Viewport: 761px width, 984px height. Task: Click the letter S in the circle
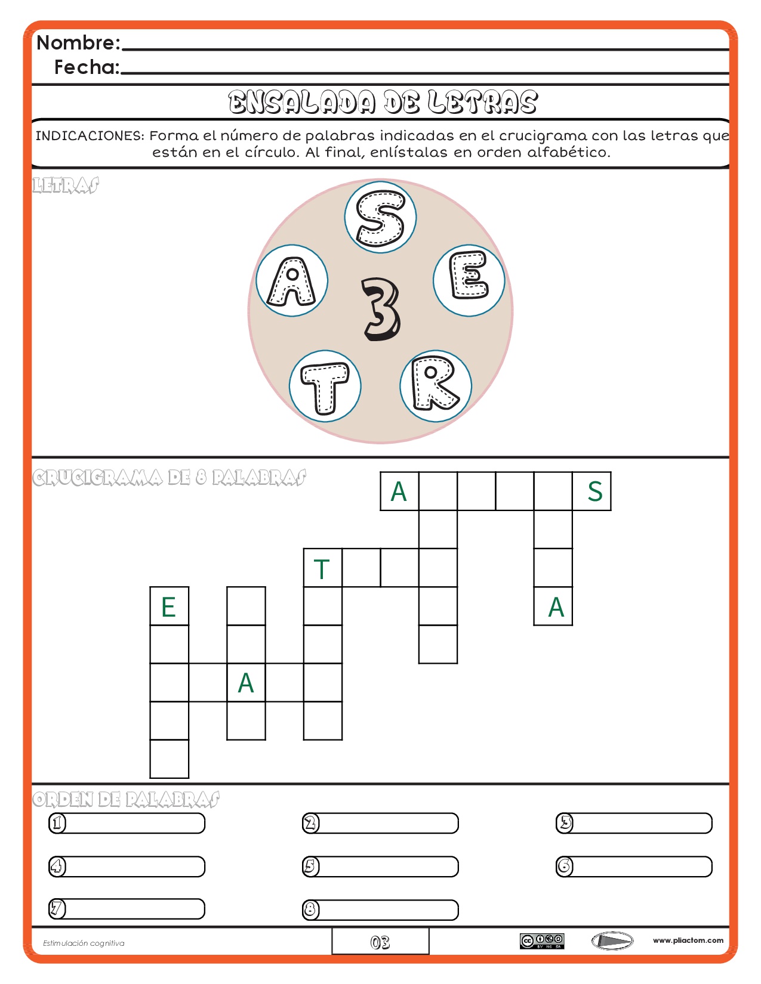(x=380, y=218)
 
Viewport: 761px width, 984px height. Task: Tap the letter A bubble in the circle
(x=292, y=281)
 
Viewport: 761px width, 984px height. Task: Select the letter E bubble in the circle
(x=469, y=280)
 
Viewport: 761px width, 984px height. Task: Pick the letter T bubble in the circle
(x=325, y=386)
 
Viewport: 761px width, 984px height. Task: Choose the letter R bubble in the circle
(x=436, y=386)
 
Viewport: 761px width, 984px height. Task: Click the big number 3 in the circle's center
(x=381, y=309)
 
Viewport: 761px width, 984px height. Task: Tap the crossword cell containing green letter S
(x=591, y=491)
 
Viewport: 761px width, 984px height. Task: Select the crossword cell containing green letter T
(x=323, y=568)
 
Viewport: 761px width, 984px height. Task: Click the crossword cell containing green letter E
(x=170, y=607)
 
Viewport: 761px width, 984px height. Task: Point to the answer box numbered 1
(x=127, y=823)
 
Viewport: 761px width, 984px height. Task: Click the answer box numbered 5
(x=380, y=867)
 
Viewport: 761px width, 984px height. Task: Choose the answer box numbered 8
(x=380, y=910)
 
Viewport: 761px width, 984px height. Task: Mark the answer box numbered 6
(x=634, y=867)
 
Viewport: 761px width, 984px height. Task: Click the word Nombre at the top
(x=78, y=43)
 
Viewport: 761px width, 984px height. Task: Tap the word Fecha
(x=87, y=67)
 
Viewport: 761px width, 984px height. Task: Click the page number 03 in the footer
(x=380, y=942)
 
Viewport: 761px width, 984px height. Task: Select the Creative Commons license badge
(x=542, y=941)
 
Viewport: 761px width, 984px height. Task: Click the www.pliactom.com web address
(x=688, y=940)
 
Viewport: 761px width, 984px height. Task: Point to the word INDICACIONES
(x=90, y=136)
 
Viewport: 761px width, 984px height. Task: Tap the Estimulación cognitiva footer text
(x=84, y=943)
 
